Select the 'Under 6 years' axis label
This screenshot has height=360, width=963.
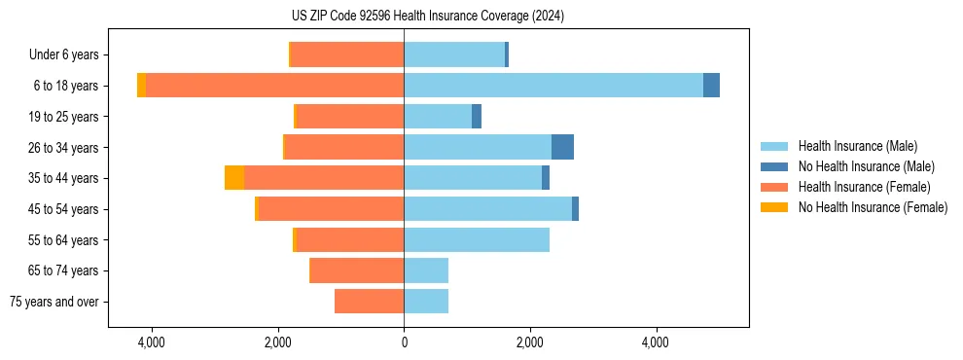(x=63, y=55)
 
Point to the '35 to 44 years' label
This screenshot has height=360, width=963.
(x=65, y=178)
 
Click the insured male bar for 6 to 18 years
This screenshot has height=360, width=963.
(x=553, y=86)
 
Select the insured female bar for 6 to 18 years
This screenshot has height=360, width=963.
(x=274, y=86)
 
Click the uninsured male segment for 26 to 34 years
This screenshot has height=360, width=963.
(x=562, y=147)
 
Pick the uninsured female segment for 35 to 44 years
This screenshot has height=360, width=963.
(x=233, y=178)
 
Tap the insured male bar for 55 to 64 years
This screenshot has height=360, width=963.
(x=476, y=239)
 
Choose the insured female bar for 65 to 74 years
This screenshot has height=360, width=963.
(x=356, y=270)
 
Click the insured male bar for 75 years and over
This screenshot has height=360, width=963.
(x=426, y=302)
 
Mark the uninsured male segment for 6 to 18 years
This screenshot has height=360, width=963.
(x=711, y=86)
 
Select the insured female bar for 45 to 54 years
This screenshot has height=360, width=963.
(x=331, y=209)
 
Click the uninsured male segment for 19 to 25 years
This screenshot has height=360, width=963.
(x=477, y=117)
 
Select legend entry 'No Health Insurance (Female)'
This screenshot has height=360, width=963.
(x=873, y=207)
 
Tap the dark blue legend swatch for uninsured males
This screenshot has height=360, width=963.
(x=775, y=166)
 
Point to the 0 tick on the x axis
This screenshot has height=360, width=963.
(x=404, y=342)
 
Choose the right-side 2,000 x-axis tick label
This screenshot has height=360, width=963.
(x=529, y=342)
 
